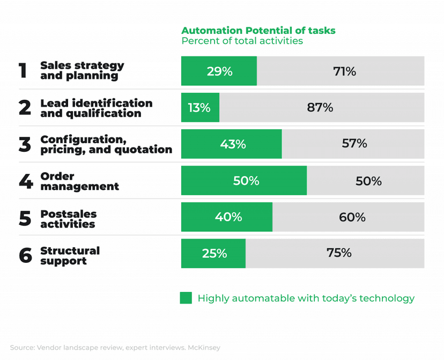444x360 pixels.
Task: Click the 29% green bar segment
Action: pyautogui.click(x=219, y=71)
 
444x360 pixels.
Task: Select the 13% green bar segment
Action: pyautogui.click(x=200, y=107)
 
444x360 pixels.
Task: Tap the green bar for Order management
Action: pyautogui.click(x=244, y=181)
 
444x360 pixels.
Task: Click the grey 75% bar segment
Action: pyautogui.click(x=335, y=253)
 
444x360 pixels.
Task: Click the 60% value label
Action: pyautogui.click(x=352, y=217)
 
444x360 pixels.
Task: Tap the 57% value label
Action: pyautogui.click(x=354, y=143)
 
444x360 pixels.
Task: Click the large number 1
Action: pyautogui.click(x=23, y=71)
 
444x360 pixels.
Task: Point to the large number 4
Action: pyautogui.click(x=25, y=181)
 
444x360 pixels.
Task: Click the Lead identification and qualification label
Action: pyautogui.click(x=96, y=108)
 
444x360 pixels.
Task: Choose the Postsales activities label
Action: pyautogui.click(x=69, y=219)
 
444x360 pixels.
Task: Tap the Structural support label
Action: pyautogui.click(x=70, y=255)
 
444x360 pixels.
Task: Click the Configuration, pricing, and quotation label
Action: pyautogui.click(x=106, y=144)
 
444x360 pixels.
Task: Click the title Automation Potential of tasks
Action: pyautogui.click(x=258, y=30)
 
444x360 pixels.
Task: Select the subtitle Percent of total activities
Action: pyautogui.click(x=242, y=41)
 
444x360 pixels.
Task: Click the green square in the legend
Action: pyautogui.click(x=186, y=298)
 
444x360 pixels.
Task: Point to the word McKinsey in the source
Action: pyautogui.click(x=204, y=347)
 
